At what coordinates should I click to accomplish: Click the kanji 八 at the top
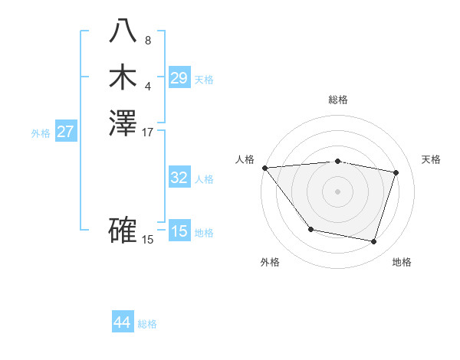pyautogui.click(x=123, y=30)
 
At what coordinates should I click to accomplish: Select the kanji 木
pyautogui.click(x=123, y=77)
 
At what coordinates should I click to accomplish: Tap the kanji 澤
pyautogui.click(x=123, y=123)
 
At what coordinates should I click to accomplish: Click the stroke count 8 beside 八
pyautogui.click(x=148, y=40)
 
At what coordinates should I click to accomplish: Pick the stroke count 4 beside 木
pyautogui.click(x=148, y=85)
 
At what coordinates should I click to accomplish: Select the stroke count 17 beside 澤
pyautogui.click(x=148, y=132)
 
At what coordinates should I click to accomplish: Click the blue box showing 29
pyautogui.click(x=179, y=78)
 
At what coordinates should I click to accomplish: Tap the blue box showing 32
pyautogui.click(x=179, y=178)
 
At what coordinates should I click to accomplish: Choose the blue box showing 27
pyautogui.click(x=66, y=132)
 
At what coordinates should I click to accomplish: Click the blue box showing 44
pyautogui.click(x=122, y=323)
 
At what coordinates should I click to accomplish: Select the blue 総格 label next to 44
pyautogui.click(x=147, y=324)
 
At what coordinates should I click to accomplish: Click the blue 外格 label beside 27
pyautogui.click(x=41, y=133)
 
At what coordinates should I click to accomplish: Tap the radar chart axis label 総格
pyautogui.click(x=338, y=100)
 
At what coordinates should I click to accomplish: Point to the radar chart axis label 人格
pyautogui.click(x=245, y=159)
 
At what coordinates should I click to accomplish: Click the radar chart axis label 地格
pyautogui.click(x=402, y=262)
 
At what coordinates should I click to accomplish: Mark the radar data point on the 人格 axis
pyautogui.click(x=264, y=167)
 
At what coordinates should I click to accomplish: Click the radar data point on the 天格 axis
pyautogui.click(x=396, y=172)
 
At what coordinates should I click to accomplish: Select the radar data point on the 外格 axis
pyautogui.click(x=310, y=229)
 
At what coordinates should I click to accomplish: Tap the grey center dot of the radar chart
pyautogui.click(x=338, y=191)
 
